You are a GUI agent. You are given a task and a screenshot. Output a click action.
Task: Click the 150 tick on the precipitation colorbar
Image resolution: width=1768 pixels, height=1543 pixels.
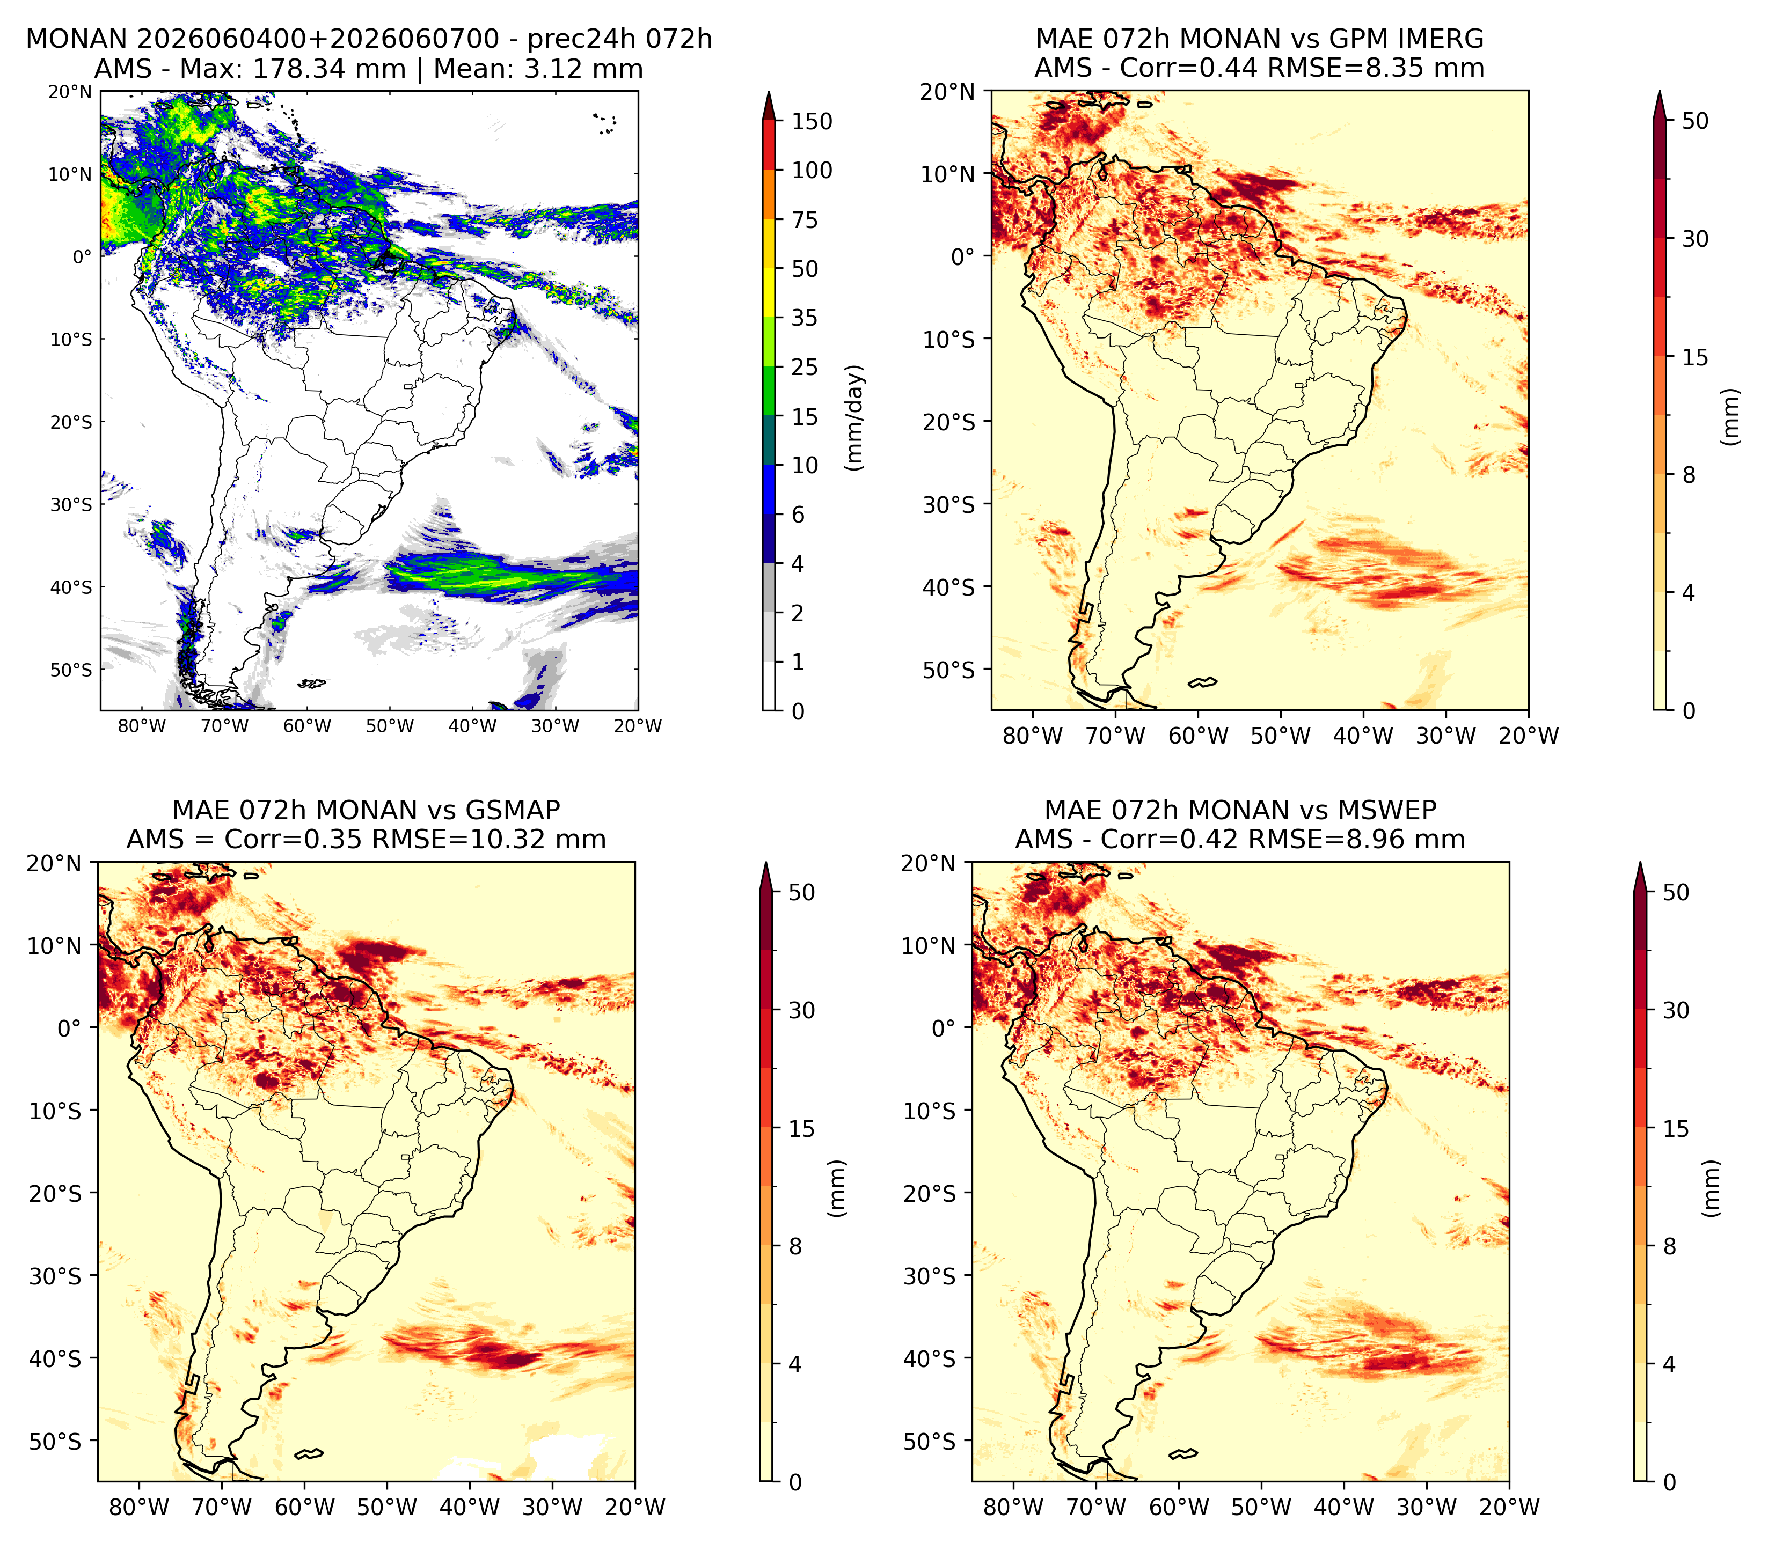tap(812, 121)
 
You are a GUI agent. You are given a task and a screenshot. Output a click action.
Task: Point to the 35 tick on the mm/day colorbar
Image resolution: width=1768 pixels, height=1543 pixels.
tap(805, 318)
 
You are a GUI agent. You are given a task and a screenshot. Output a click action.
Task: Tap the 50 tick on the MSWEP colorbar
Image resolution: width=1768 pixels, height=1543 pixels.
tap(1675, 892)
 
